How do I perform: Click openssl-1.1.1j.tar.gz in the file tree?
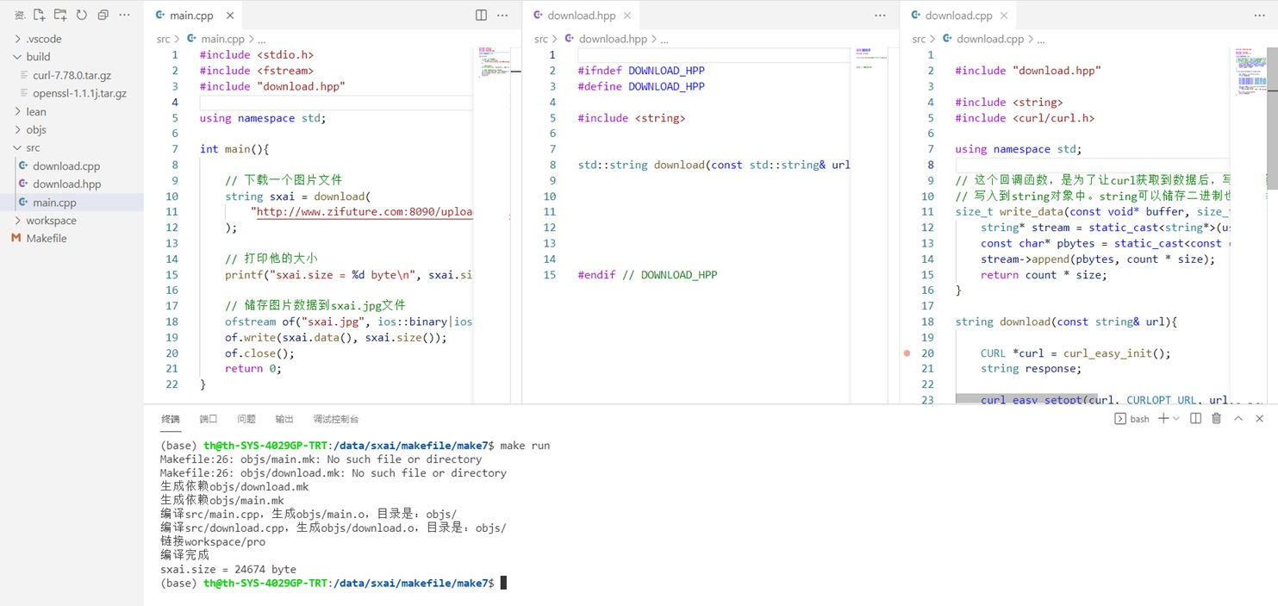[x=79, y=93]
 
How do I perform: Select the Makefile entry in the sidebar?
[x=46, y=239]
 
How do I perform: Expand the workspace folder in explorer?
[x=51, y=221]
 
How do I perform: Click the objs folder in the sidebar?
[x=36, y=129]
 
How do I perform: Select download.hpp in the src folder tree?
[x=66, y=184]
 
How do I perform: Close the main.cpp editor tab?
[x=229, y=16]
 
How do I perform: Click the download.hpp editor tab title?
[x=582, y=16]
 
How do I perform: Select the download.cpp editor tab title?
[x=958, y=16]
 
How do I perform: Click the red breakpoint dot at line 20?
[x=907, y=353]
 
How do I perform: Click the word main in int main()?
[x=237, y=149]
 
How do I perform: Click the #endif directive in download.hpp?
[x=596, y=275]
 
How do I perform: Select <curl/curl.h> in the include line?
[x=1040, y=118]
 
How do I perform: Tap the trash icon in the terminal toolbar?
[x=1216, y=419]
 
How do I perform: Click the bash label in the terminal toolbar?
[x=1139, y=419]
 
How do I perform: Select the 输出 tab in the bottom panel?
[x=284, y=419]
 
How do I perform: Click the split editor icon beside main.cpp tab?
[x=481, y=16]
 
